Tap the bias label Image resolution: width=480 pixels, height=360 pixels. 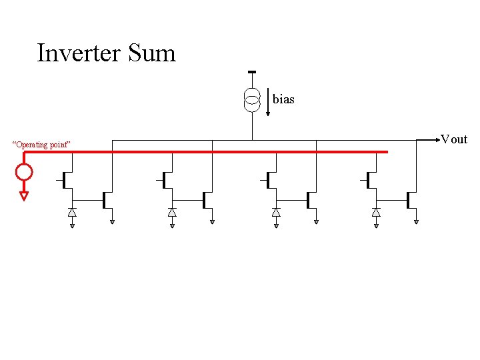pyautogui.click(x=283, y=99)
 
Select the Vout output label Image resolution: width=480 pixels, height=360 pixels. pyautogui.click(x=454, y=139)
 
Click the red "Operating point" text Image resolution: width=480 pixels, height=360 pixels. pyautogui.click(x=42, y=145)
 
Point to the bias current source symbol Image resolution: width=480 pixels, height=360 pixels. pyautogui.click(x=252, y=100)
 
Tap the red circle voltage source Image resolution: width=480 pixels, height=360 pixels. pyautogui.click(x=24, y=173)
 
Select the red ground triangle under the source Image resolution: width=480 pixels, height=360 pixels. pyautogui.click(x=24, y=196)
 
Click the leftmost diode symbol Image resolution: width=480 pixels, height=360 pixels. pyautogui.click(x=72, y=212)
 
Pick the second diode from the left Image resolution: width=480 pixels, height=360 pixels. pyautogui.click(x=172, y=212)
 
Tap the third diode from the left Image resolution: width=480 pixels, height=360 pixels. pyautogui.click(x=276, y=212)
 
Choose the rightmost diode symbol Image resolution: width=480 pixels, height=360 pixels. pyautogui.click(x=376, y=212)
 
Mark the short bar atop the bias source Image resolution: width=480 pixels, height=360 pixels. pyautogui.click(x=252, y=73)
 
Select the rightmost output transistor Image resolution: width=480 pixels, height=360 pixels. pyautogui.click(x=409, y=199)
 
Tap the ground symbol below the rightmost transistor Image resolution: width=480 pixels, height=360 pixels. pyautogui.click(x=416, y=221)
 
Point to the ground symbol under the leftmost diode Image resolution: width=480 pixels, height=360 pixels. pyautogui.click(x=72, y=225)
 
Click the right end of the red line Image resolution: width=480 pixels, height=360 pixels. pyautogui.click(x=385, y=152)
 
